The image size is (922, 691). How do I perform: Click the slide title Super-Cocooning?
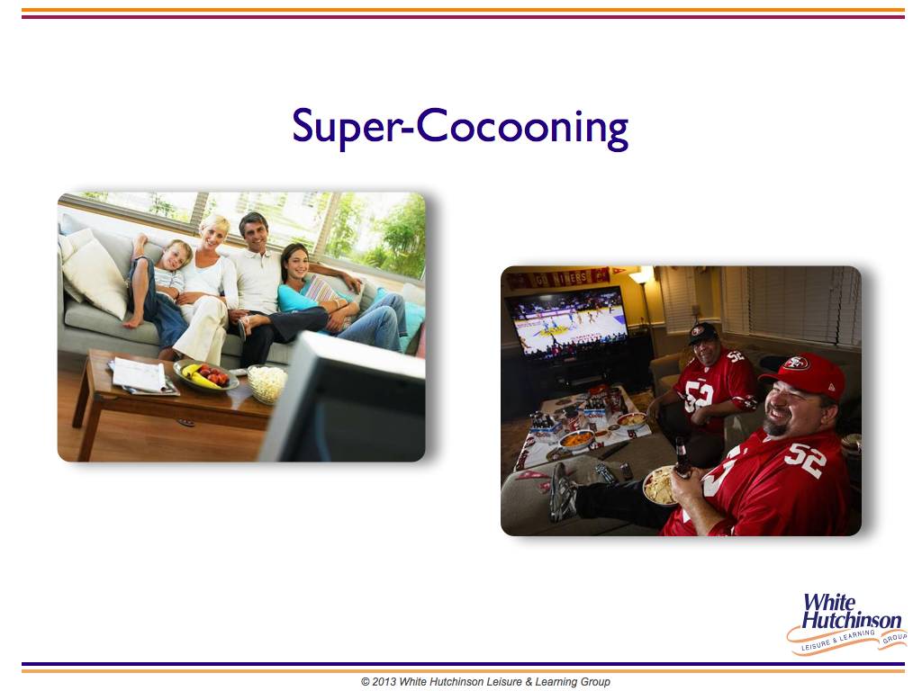coord(460,128)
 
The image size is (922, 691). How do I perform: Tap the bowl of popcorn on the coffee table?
coord(268,382)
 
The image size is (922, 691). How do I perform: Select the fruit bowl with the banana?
coord(206,376)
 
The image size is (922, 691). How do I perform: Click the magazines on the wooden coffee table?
coord(143,376)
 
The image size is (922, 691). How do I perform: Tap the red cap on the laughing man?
coord(803,374)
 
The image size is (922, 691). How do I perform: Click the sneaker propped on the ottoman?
coord(562,491)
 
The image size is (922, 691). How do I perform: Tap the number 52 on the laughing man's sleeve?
coord(807,460)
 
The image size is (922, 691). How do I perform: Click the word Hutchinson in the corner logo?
coord(851,620)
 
